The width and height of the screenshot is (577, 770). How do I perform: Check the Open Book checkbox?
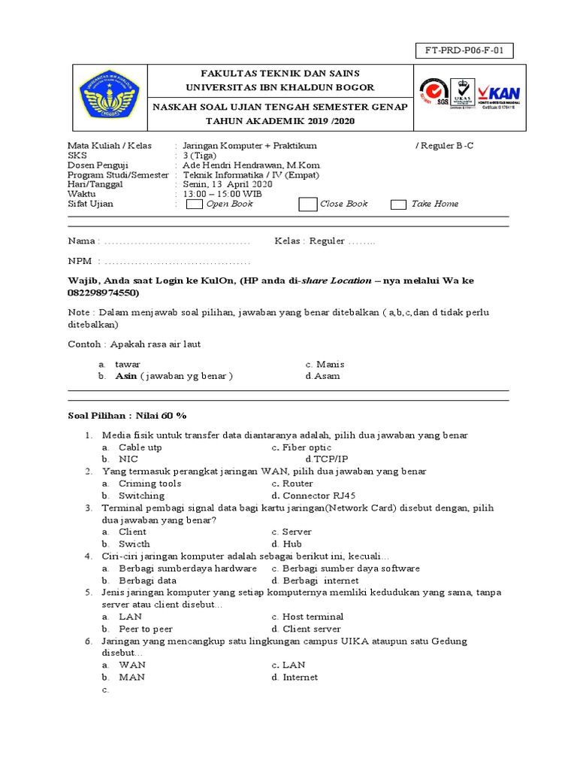[194, 204]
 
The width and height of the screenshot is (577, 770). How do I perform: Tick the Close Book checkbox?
[307, 204]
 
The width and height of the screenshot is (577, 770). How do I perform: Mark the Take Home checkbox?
[398, 204]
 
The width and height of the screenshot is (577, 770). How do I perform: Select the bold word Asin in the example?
[126, 376]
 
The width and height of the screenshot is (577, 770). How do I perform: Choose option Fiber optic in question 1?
[307, 447]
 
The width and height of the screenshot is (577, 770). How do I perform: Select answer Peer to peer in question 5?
[145, 629]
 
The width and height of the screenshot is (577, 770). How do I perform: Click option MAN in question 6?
[131, 677]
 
